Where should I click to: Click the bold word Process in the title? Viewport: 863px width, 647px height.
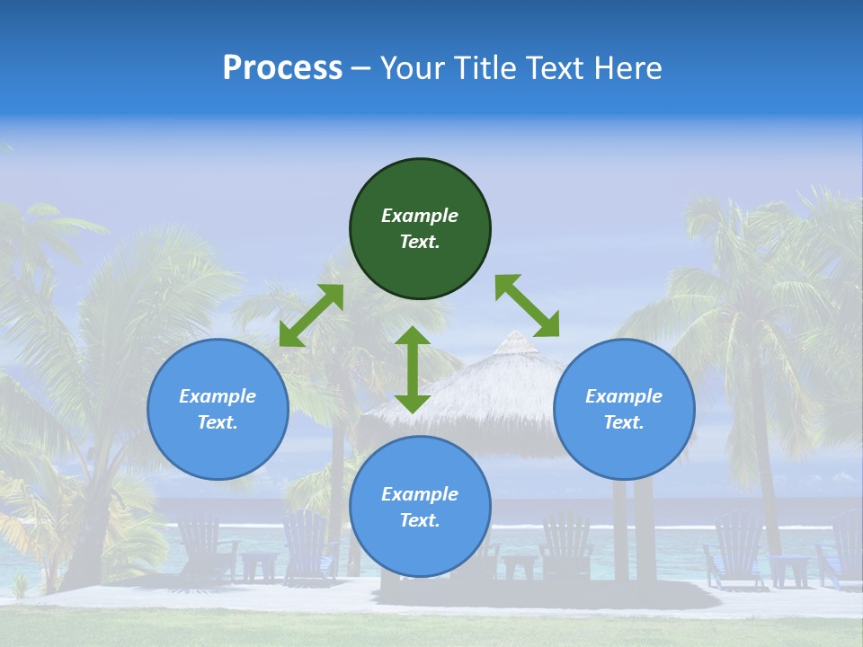tap(282, 68)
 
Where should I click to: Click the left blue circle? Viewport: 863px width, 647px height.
tap(218, 440)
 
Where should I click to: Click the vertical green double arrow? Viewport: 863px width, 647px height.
tap(413, 369)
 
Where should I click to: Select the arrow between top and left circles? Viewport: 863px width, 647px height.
tap(311, 315)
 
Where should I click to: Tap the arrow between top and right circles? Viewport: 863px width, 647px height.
tap(527, 306)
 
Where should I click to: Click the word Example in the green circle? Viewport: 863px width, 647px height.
tap(420, 216)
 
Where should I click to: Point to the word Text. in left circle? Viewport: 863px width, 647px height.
tap(218, 422)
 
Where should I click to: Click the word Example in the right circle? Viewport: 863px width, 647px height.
tap(624, 396)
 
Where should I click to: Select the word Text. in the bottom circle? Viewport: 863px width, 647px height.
tap(420, 520)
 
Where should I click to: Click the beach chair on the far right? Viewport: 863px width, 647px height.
tap(845, 548)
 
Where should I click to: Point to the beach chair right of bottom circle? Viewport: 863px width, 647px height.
tap(566, 544)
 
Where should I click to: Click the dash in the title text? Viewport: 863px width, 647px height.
tap(361, 68)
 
